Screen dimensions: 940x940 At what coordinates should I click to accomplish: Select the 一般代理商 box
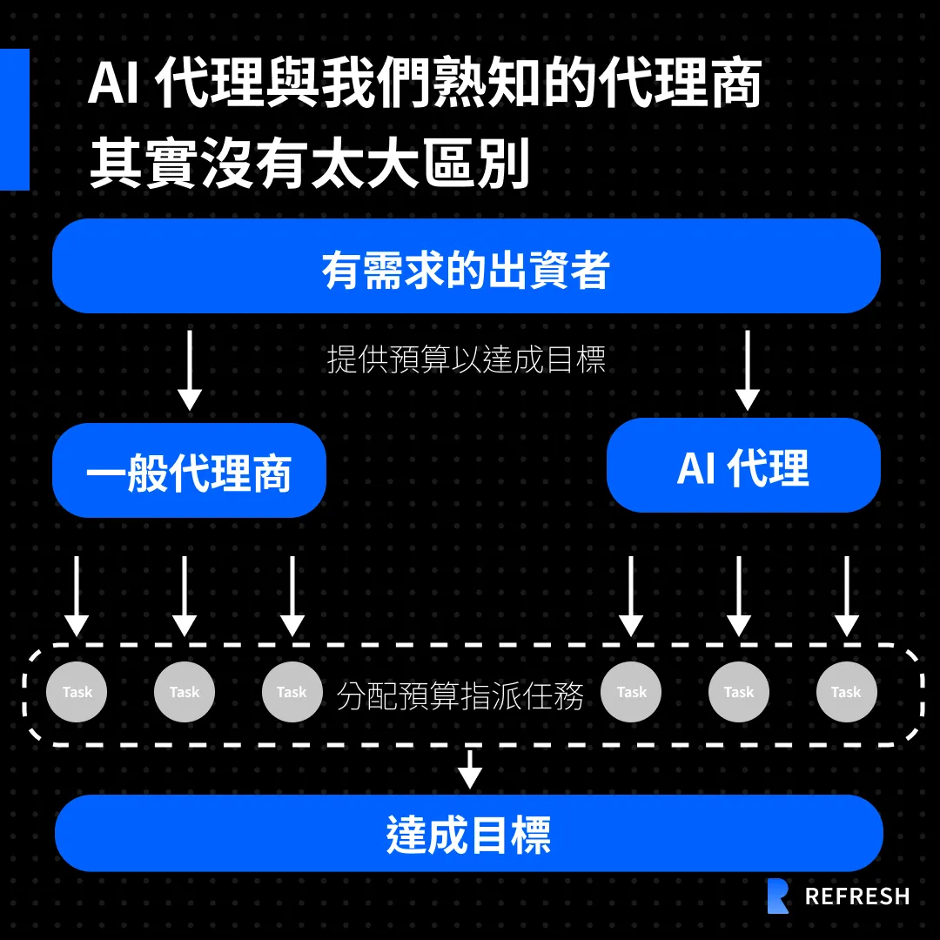click(189, 471)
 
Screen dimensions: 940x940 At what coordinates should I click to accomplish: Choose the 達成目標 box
click(468, 833)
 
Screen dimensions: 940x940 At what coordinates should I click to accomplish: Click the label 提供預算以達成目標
click(467, 359)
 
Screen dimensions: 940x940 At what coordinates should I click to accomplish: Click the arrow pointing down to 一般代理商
click(189, 370)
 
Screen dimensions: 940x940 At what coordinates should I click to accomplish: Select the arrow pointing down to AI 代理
click(747, 370)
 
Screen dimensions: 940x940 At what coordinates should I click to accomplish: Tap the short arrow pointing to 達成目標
click(470, 769)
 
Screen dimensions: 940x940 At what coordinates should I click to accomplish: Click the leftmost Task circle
click(77, 693)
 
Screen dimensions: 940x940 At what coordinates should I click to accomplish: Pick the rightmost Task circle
click(846, 693)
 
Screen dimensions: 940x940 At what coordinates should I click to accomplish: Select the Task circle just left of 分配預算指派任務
click(292, 693)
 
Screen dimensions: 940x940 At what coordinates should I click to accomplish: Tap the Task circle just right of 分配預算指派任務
click(631, 693)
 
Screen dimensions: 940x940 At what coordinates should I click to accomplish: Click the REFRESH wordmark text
click(857, 896)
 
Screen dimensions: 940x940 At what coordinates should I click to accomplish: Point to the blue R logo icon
click(778, 896)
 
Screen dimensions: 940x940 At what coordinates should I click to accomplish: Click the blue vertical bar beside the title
click(14, 119)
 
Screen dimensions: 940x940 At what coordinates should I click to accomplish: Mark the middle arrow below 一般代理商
click(185, 596)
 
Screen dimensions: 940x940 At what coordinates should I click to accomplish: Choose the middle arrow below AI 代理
click(739, 596)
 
